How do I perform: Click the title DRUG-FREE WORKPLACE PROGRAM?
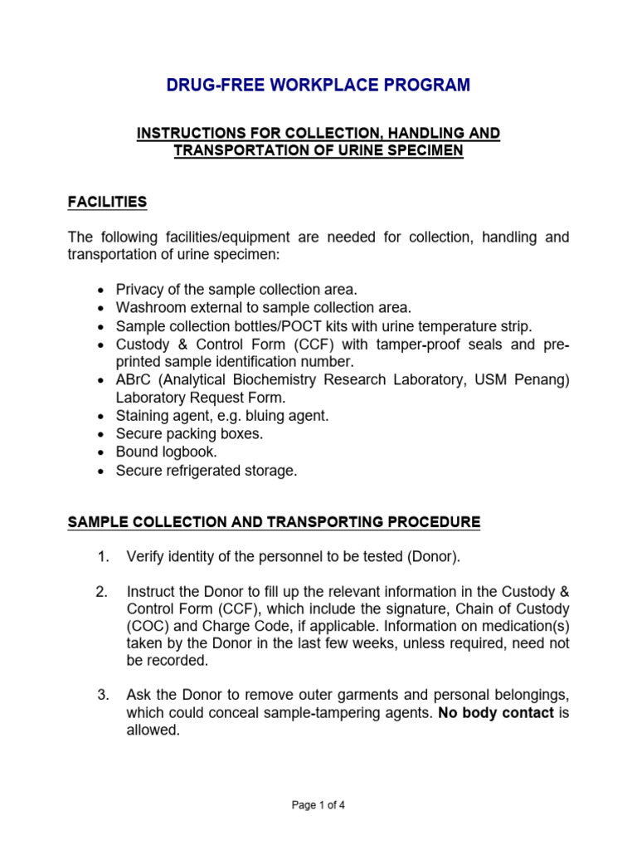pos(318,85)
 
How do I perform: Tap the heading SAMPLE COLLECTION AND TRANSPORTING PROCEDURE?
pos(274,522)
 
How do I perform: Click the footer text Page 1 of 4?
pos(318,804)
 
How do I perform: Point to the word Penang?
pos(542,379)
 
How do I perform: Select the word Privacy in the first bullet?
pos(139,290)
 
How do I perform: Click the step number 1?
pos(102,555)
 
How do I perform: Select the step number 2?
pos(102,592)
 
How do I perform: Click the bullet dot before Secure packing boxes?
pos(100,435)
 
